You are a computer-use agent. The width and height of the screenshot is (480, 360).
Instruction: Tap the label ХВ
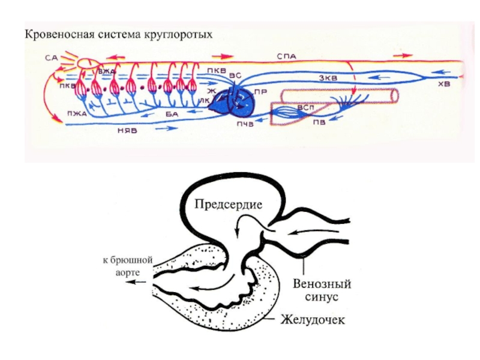click(443, 85)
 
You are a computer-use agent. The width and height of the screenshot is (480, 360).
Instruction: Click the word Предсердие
click(229, 205)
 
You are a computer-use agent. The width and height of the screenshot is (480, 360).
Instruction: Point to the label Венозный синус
click(322, 289)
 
